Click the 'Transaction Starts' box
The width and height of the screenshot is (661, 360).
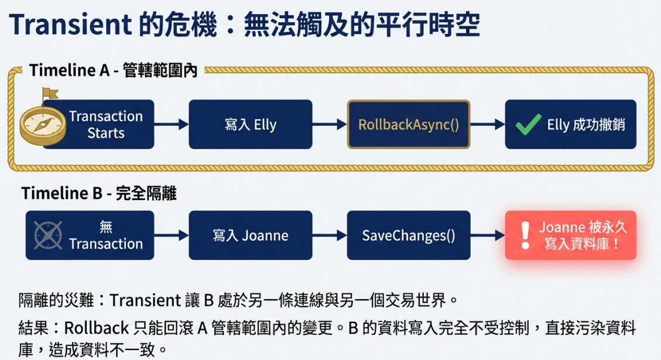pos(98,124)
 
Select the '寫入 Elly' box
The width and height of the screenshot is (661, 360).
pos(251,124)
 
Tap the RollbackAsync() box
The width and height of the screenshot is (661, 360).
pos(409,124)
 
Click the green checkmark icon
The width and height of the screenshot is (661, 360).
pos(528,125)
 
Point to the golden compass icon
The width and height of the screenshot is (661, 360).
pos(43,126)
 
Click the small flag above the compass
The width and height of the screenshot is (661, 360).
pos(49,94)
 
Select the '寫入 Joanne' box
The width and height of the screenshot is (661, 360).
pos(251,235)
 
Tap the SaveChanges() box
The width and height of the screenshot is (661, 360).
pos(409,235)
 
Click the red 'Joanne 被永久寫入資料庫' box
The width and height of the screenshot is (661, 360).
pos(571,235)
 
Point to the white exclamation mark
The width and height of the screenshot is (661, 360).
pos(525,236)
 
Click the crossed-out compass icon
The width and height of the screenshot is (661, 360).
pos(48,235)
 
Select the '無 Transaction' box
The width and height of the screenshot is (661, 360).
pos(90,235)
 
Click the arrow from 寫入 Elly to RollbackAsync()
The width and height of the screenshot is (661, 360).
pos(330,124)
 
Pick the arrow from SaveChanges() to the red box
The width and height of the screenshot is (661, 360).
pos(488,235)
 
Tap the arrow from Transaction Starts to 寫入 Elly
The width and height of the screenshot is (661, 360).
pos(172,124)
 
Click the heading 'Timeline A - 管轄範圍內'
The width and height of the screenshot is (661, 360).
pos(113,70)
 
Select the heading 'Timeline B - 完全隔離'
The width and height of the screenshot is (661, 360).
pos(98,194)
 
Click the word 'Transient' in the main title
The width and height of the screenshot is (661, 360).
pos(70,25)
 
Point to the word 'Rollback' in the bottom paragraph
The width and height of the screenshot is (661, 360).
pos(96,328)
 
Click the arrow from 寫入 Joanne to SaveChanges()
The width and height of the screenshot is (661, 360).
pos(330,235)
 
